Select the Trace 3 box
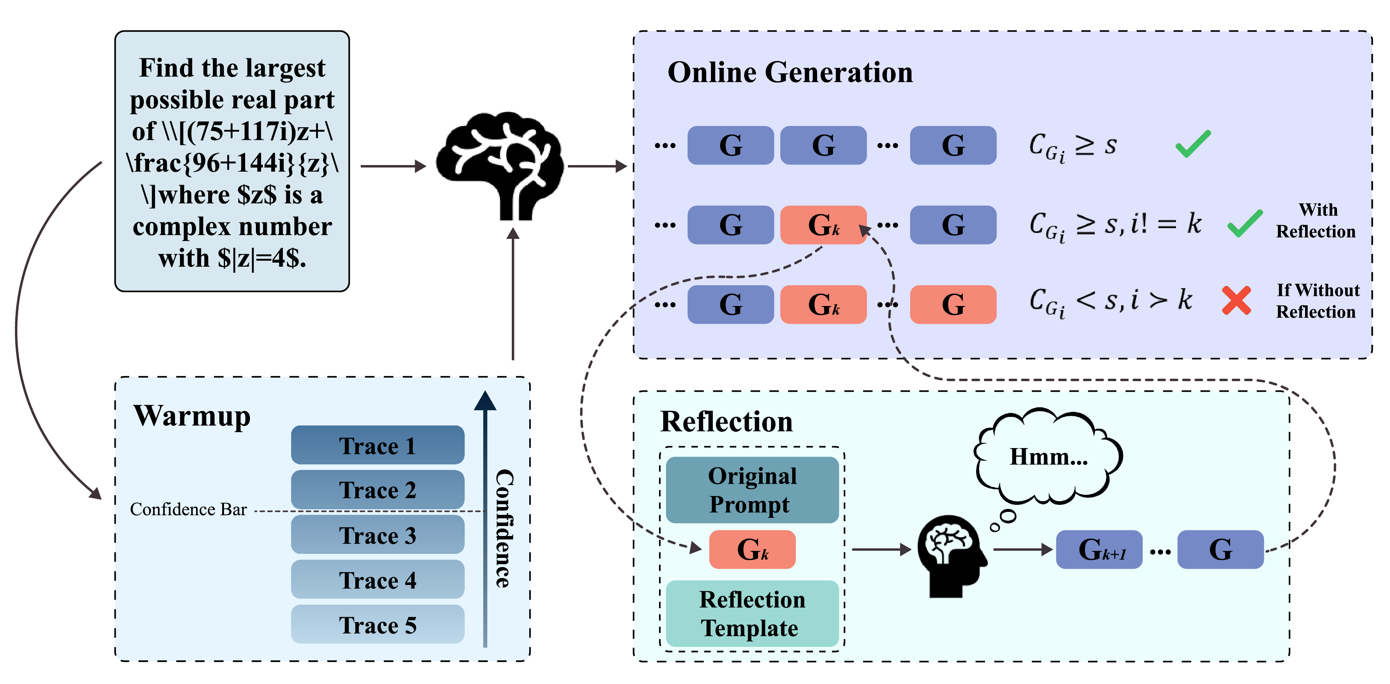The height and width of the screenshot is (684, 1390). coord(377,535)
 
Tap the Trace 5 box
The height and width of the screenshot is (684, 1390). coord(377,624)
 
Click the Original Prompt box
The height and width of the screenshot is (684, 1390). coord(752,490)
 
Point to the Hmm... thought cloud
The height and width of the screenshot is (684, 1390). coord(1048,456)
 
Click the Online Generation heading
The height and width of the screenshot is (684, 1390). coord(790,72)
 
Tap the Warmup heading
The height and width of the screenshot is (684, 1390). coord(192,416)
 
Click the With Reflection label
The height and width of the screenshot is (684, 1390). coord(1315,220)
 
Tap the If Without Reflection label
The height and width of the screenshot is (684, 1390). coord(1317,301)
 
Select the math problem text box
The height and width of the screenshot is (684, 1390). coord(232,161)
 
